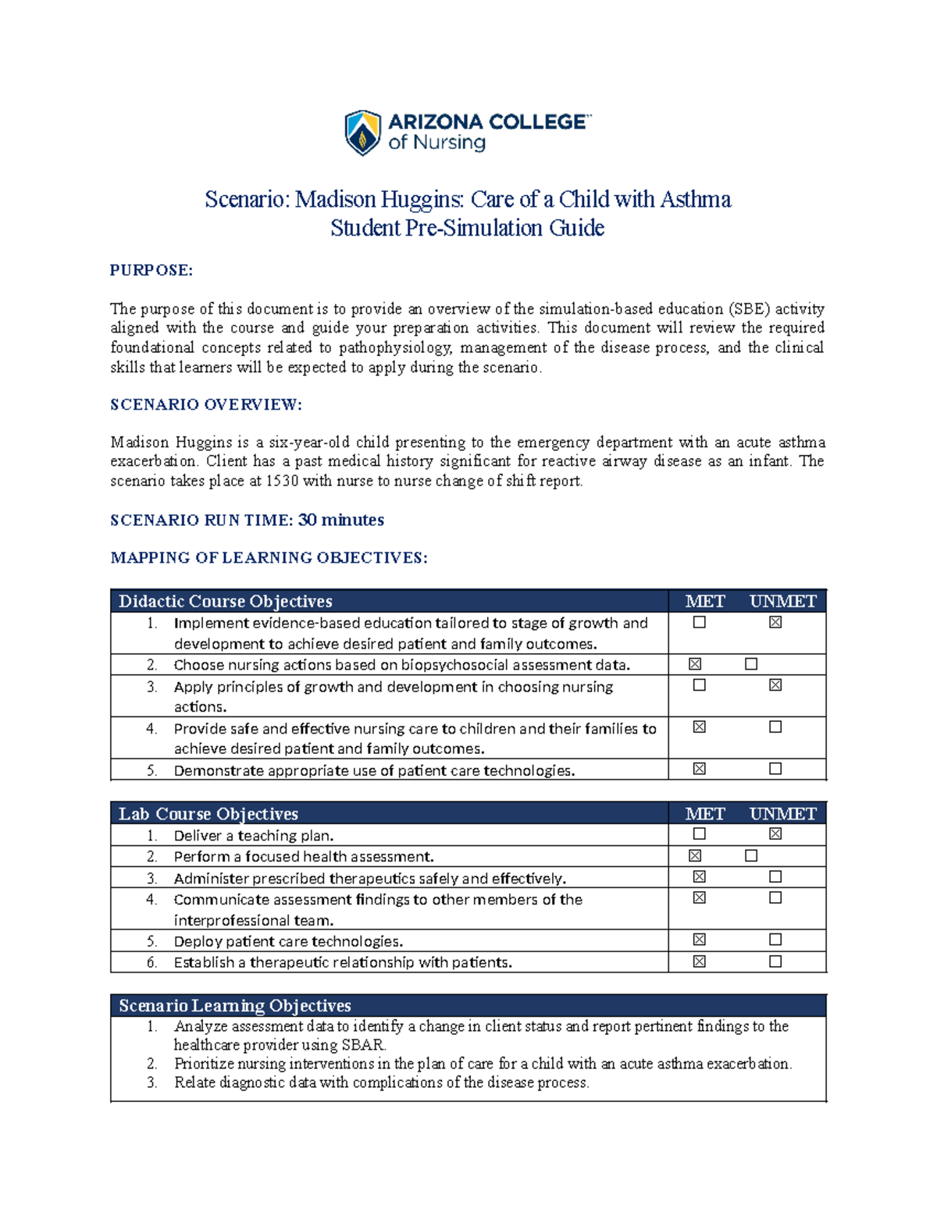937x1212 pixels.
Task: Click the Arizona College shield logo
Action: click(363, 133)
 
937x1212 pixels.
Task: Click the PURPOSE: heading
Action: click(151, 270)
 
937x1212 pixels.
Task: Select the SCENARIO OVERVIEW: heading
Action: click(206, 404)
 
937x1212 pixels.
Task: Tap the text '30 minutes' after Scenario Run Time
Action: click(341, 520)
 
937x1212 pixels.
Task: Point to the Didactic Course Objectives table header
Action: click(226, 601)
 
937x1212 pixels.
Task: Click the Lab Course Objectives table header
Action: click(208, 813)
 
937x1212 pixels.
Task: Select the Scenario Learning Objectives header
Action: click(235, 1005)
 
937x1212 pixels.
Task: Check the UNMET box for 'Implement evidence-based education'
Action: click(775, 622)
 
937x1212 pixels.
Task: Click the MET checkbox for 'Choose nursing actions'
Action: click(695, 664)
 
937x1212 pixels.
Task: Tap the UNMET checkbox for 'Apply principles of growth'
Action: click(775, 685)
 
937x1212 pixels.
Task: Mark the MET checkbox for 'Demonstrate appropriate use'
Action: click(700, 769)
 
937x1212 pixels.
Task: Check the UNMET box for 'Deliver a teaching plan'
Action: click(775, 834)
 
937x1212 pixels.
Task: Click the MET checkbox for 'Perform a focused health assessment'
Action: click(695, 856)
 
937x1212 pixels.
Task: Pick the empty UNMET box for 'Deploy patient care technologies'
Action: click(775, 940)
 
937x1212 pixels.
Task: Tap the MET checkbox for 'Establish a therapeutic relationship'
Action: click(700, 961)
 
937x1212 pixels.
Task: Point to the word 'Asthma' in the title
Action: click(696, 200)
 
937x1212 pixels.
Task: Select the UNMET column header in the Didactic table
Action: click(782, 601)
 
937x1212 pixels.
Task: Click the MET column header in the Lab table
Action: click(704, 813)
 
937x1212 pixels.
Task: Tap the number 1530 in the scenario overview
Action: click(283, 481)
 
